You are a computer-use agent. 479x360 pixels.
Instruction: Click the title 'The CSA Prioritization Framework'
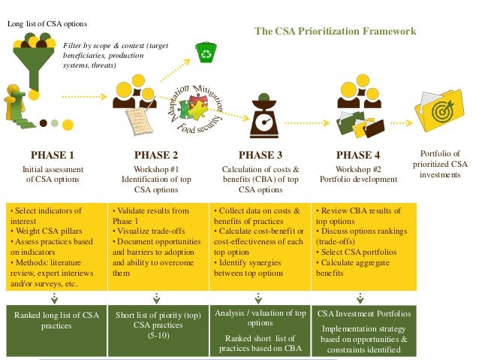(x=335, y=32)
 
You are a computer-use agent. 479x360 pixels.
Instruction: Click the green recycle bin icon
(x=203, y=52)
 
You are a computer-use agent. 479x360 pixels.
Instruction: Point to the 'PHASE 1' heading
(x=52, y=156)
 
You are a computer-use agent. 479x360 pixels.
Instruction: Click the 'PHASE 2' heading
(x=156, y=156)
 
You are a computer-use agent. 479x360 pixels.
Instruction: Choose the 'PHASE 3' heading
(x=261, y=156)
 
